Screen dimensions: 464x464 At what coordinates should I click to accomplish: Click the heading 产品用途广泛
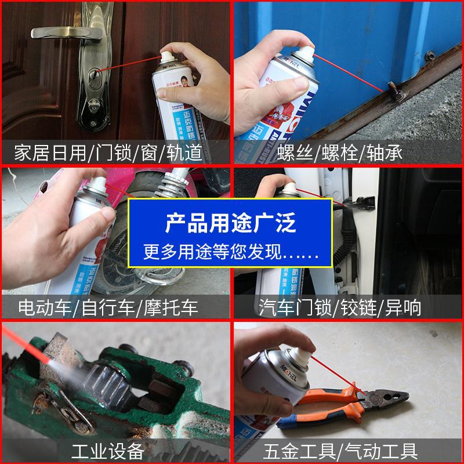230,223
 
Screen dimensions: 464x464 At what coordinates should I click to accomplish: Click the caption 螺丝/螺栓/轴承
347,153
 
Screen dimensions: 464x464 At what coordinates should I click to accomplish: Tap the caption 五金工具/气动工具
348,450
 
